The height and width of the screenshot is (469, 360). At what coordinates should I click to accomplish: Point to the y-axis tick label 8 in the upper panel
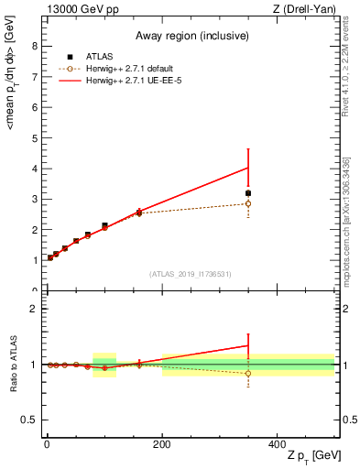[34, 47]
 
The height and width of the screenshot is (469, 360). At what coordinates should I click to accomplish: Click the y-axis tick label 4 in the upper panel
[34, 169]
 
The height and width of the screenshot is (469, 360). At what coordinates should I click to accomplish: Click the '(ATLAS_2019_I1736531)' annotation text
[190, 274]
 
